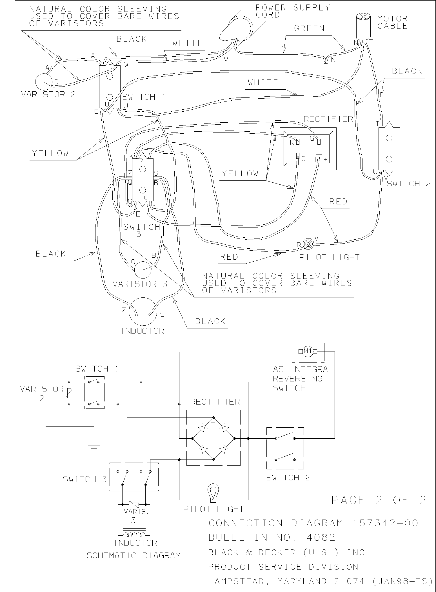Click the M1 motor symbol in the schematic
308,352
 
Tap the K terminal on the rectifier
298,142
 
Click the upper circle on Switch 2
389,138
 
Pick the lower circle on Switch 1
110,97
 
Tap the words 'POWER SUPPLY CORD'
293,11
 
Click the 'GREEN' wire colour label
309,28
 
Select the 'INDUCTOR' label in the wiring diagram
143,331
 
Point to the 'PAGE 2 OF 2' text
379,500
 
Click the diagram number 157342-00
385,523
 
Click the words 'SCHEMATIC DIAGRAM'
134,555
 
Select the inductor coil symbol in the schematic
134,534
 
